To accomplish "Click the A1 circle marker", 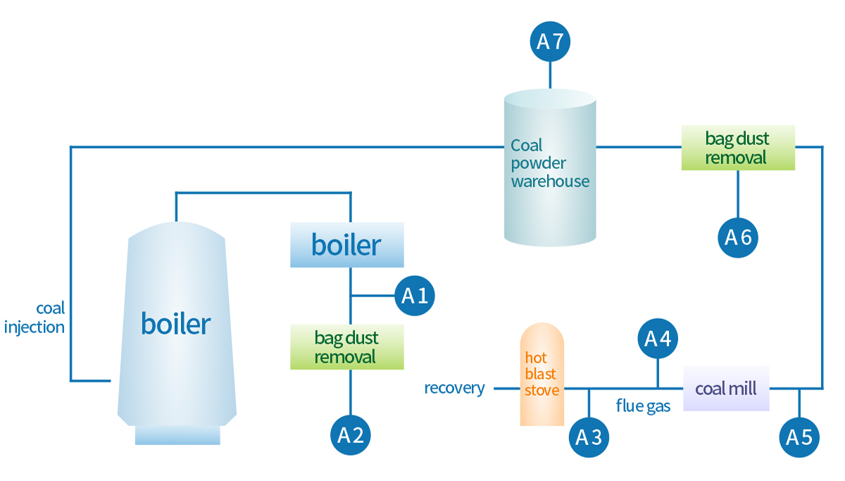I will point(415,295).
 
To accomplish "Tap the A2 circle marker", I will point(350,435).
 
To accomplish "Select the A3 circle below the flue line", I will point(589,437).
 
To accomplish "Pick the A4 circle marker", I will point(658,339).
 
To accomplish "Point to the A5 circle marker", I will point(799,437).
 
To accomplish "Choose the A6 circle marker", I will point(738,237).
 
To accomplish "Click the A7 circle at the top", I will point(550,41).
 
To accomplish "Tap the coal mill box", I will point(726,388).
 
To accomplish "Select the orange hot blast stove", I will point(542,374).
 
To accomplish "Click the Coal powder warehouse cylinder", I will point(550,169).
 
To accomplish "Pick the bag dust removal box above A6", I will point(738,148).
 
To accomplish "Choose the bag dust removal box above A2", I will point(347,347).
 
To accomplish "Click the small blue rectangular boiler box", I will point(347,244).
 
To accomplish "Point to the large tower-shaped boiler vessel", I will point(177,324).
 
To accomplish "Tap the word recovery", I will point(454,388).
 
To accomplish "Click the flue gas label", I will point(643,406).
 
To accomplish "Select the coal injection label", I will point(35,318).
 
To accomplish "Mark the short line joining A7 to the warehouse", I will point(550,75).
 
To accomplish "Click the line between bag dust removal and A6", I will point(738,194).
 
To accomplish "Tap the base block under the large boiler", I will point(177,435).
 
